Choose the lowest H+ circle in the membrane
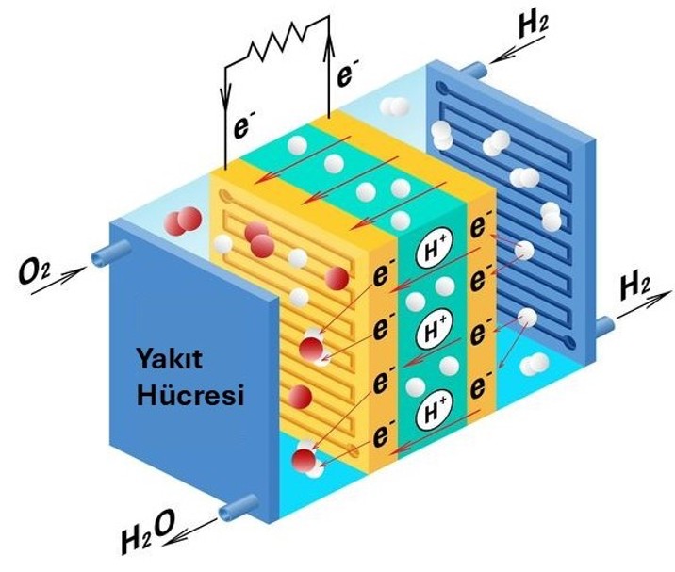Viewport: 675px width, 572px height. tap(433, 409)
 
